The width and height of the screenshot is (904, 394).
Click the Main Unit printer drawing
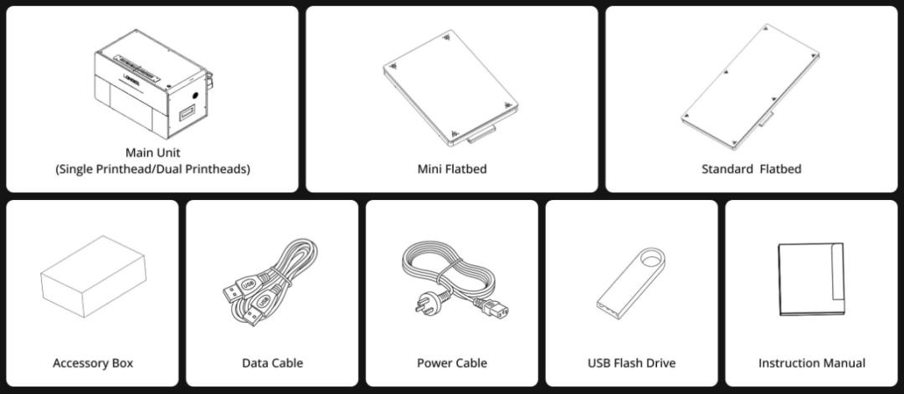(153, 84)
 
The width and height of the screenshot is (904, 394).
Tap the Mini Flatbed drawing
(450, 87)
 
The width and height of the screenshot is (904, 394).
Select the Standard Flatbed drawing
(749, 87)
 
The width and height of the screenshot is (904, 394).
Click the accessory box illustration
(94, 276)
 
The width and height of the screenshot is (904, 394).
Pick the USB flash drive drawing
(631, 283)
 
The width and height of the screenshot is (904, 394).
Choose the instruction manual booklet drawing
(811, 279)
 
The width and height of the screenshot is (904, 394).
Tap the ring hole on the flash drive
(651, 258)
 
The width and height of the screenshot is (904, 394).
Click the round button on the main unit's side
(195, 95)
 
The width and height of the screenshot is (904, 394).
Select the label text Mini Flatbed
(452, 169)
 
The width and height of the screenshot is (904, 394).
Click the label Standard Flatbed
(751, 169)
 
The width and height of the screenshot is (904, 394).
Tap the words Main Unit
(153, 152)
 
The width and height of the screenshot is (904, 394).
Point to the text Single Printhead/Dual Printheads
(153, 169)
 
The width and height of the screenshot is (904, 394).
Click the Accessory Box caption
(93, 363)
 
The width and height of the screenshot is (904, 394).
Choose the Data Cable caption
(272, 363)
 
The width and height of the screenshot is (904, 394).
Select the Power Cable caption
(452, 363)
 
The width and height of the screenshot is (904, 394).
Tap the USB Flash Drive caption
(631, 363)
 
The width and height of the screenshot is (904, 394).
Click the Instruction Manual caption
(812, 363)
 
